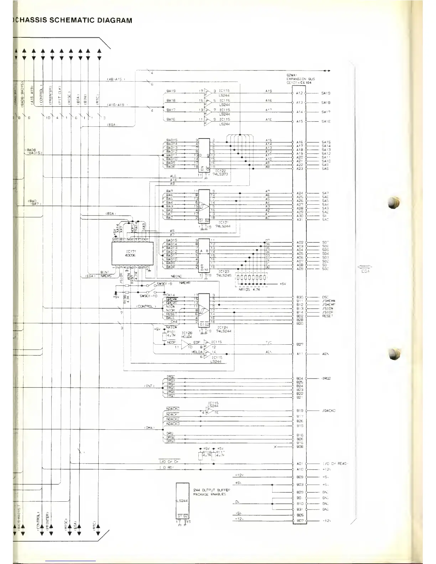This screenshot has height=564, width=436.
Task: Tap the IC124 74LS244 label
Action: [x=224, y=329]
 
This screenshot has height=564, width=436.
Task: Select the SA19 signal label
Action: [x=326, y=93]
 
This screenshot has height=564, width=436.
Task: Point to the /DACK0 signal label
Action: [x=328, y=411]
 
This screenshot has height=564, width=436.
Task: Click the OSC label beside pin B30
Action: [x=325, y=297]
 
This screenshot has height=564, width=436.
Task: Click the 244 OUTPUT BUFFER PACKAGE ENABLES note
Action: [x=212, y=492]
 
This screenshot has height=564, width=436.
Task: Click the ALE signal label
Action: [x=173, y=176]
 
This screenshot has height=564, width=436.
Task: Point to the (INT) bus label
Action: [x=149, y=386]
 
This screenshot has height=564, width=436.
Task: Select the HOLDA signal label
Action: [x=197, y=352]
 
